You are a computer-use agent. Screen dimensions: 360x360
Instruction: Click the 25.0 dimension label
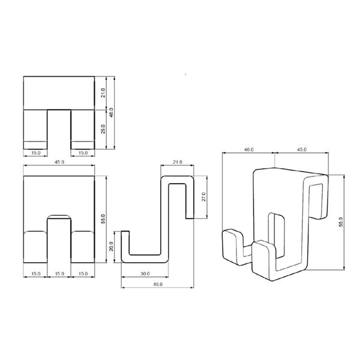click(103, 129)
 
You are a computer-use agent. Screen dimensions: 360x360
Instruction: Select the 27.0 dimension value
click(203, 197)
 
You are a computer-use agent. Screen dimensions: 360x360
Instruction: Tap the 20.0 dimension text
click(111, 247)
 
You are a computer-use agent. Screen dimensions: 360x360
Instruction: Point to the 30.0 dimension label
click(145, 274)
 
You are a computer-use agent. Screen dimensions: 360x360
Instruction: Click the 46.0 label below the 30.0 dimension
click(158, 284)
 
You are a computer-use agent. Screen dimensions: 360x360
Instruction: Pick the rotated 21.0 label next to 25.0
click(103, 93)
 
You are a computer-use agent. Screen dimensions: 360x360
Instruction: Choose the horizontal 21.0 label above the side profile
click(178, 162)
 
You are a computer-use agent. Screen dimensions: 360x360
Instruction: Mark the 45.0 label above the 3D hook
click(302, 149)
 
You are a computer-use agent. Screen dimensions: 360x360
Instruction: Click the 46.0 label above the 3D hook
click(248, 149)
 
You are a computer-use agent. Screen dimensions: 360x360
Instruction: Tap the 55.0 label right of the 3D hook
click(341, 222)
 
